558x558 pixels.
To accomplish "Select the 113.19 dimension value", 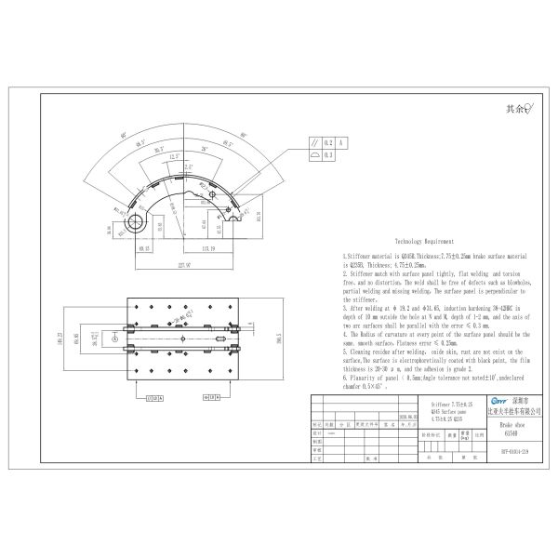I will point(207,249).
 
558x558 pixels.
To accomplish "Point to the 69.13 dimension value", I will point(145,249).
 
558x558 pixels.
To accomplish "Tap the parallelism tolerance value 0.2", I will point(327,142).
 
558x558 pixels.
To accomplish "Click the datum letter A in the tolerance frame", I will point(342,142).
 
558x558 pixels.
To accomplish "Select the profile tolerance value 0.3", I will point(327,155).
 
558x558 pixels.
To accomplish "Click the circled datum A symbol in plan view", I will point(115,339).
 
